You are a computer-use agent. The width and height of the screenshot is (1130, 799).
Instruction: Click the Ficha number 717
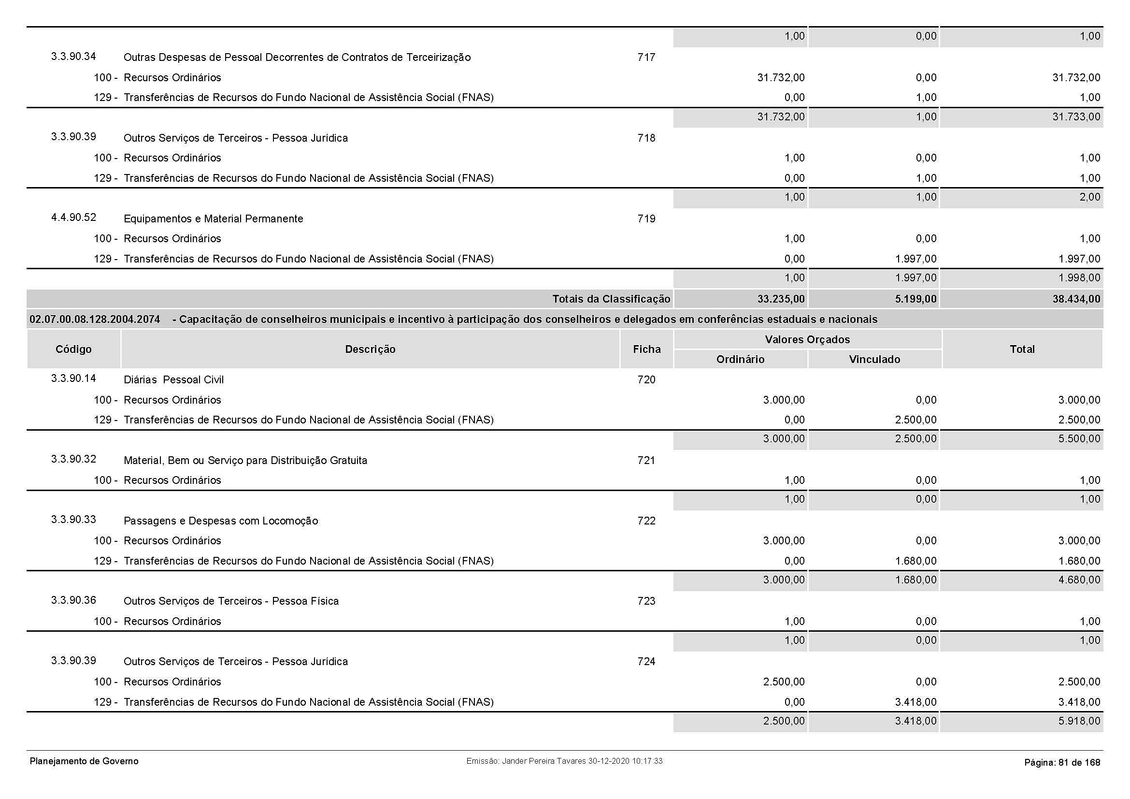[x=646, y=58]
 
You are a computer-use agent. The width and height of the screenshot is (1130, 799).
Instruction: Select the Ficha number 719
[x=646, y=218]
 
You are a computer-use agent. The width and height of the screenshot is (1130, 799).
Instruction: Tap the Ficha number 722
[x=646, y=521]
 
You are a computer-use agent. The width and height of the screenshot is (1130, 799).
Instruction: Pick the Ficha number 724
[x=646, y=662]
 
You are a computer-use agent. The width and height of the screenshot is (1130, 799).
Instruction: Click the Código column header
[x=73, y=349]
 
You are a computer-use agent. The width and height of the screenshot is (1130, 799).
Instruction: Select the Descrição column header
[x=370, y=349]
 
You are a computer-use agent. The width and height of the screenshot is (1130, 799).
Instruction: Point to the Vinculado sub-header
[x=874, y=359]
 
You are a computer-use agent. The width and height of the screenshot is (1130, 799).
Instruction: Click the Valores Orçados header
[x=807, y=339]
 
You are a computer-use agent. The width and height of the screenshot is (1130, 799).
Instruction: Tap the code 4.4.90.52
[x=73, y=218]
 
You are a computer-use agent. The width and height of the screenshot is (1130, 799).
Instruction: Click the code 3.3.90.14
[x=73, y=378]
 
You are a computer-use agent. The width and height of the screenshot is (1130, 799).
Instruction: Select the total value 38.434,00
[x=1076, y=299]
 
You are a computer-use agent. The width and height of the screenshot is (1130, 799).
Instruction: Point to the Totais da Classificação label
[x=611, y=299]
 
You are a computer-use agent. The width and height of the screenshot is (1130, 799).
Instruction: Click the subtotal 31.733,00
[x=1076, y=117]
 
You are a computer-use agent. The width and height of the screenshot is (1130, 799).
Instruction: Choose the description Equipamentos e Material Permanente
[x=213, y=218]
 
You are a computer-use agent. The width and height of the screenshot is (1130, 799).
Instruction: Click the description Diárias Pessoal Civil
[x=173, y=379]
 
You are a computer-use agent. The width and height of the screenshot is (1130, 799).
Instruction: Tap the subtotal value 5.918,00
[x=1079, y=721]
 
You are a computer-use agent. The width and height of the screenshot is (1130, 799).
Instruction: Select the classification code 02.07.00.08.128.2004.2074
[x=95, y=320]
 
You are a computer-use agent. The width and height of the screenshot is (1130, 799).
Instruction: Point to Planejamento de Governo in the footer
[x=84, y=761]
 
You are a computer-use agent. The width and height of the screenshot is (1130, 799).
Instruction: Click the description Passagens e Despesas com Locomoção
[x=220, y=521]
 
